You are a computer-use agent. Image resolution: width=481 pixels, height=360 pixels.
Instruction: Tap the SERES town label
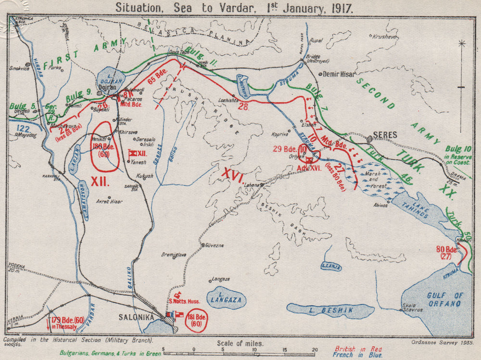[x=385, y=135]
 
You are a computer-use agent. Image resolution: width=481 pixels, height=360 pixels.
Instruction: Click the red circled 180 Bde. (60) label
[x=102, y=150]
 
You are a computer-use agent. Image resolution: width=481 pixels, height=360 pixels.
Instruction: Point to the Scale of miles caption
[x=240, y=343]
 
